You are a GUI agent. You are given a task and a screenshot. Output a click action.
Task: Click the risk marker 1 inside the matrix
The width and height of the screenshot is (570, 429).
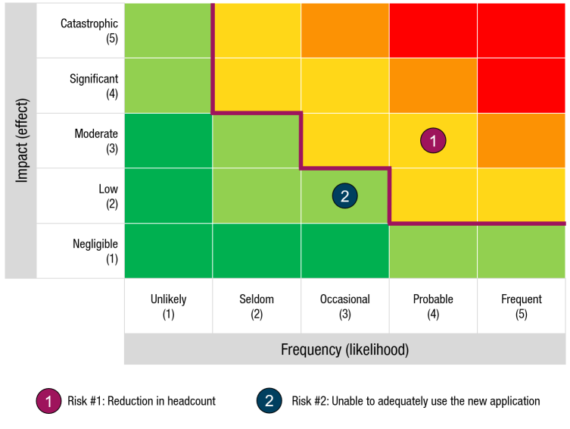point(433,140)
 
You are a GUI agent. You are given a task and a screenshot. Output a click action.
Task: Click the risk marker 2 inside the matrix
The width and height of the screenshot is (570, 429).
point(344,196)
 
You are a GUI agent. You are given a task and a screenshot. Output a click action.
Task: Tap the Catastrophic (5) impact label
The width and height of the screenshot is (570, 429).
point(89,30)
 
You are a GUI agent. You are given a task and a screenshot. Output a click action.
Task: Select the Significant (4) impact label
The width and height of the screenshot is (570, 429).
point(94,86)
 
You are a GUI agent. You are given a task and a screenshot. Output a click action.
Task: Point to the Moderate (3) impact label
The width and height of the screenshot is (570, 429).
point(96,141)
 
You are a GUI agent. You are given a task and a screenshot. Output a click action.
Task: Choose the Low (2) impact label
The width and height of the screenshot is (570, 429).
point(107,196)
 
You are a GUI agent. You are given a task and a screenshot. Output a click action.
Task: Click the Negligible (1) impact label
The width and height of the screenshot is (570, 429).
point(95,251)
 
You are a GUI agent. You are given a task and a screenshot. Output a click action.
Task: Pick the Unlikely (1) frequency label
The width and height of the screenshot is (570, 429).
point(168,306)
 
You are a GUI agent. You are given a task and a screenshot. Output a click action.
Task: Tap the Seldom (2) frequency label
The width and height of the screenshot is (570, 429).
point(256,306)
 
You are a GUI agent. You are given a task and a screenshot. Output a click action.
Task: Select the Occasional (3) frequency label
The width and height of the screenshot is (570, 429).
point(344,306)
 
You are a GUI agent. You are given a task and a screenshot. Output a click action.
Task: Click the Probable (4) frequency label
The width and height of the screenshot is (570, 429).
point(433,306)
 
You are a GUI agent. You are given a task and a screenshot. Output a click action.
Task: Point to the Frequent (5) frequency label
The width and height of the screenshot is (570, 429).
point(521,306)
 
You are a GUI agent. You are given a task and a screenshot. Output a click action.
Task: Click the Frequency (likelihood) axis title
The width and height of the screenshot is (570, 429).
point(344,349)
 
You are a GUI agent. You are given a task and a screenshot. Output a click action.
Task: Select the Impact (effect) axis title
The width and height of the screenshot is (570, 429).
point(21,140)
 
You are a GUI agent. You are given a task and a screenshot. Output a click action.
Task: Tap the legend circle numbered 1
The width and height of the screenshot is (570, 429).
point(48,401)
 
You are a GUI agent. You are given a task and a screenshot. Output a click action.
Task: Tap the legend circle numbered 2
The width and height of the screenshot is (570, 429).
point(269,401)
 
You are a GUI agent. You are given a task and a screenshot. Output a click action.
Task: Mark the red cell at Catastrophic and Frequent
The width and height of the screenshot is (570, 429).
point(521,30)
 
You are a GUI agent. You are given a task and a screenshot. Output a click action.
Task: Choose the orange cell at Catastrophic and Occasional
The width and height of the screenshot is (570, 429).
point(344,30)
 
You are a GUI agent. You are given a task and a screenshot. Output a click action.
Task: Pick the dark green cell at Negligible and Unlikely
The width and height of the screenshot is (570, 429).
point(168,251)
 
